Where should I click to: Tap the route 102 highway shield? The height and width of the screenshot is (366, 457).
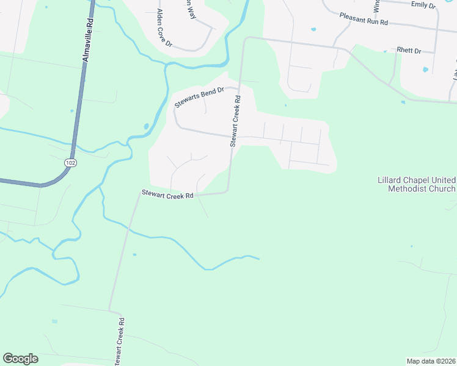[x=71, y=162]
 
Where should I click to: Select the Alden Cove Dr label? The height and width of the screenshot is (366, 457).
[x=164, y=28]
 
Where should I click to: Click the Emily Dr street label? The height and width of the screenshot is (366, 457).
[x=423, y=5]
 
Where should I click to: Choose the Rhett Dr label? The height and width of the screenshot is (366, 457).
[x=409, y=51]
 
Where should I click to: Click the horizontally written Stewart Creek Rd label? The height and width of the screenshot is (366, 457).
[x=167, y=195]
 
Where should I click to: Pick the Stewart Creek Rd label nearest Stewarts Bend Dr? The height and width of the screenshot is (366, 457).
[x=235, y=121]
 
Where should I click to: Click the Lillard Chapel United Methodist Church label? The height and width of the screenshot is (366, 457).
[x=416, y=184]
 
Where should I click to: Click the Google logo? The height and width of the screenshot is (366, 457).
[x=20, y=359]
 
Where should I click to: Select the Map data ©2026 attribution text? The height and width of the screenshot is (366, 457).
[x=431, y=361]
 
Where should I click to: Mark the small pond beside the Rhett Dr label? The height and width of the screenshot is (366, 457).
[x=425, y=70]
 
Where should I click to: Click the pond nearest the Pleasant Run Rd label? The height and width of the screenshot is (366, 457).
[x=313, y=29]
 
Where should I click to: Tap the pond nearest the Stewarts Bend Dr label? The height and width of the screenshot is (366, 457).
[x=146, y=127]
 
